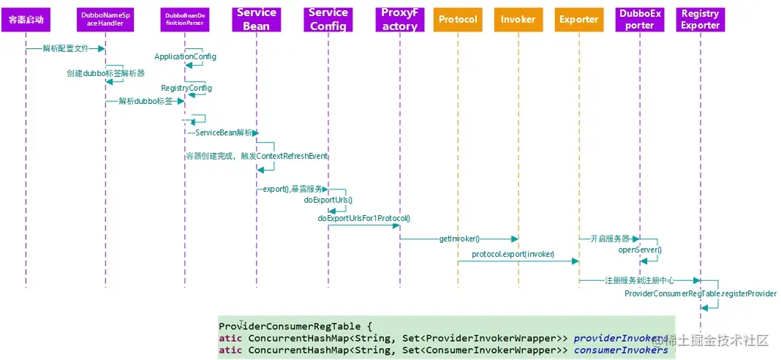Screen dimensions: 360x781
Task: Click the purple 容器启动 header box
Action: [26, 19]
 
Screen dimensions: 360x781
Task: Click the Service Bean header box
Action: [256, 19]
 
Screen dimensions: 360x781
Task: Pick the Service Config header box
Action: [328, 19]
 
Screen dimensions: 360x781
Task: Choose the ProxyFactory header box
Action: [400, 19]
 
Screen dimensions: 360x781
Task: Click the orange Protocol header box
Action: [457, 20]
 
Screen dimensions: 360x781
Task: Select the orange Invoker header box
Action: [518, 20]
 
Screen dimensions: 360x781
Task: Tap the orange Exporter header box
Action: [578, 20]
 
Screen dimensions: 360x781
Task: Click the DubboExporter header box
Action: [639, 19]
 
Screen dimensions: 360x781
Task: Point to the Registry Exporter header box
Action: [700, 19]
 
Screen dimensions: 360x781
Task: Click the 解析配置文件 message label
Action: [65, 48]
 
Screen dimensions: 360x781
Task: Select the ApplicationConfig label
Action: [185, 56]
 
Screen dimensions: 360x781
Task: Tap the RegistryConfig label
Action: [186, 88]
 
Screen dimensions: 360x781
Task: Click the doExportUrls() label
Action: [328, 200]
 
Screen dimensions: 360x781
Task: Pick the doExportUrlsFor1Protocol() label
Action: [363, 218]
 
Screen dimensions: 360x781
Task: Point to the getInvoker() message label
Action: [459, 239]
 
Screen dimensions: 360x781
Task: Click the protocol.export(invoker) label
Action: [513, 254]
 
